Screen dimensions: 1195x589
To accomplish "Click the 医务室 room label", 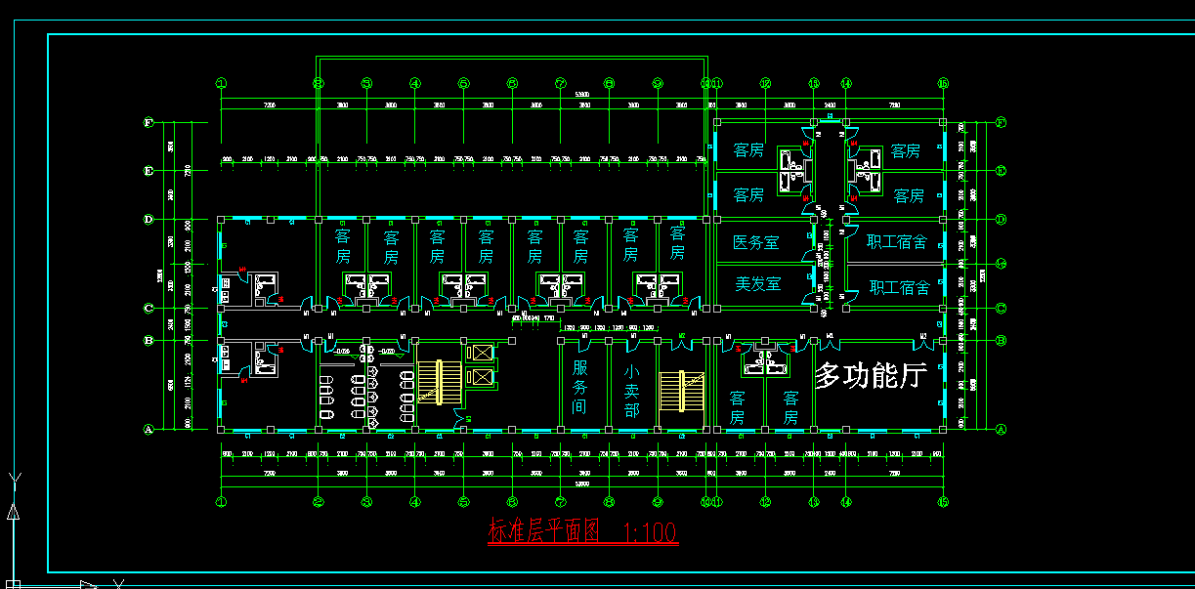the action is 755,242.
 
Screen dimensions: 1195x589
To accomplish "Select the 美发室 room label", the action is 757,284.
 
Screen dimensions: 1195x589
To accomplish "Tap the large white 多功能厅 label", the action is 871,375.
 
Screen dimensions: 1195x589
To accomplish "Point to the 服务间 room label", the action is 580,386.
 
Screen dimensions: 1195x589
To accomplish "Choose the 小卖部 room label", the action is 631,390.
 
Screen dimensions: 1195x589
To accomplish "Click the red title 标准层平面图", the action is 542,531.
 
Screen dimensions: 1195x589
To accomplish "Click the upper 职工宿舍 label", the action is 897,242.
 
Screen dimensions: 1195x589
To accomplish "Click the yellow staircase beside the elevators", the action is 437,382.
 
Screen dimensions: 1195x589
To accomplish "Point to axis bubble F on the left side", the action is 149,123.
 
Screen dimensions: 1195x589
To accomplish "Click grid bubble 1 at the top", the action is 222,84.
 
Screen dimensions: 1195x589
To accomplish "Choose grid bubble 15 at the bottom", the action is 943,502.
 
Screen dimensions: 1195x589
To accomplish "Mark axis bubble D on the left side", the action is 149,220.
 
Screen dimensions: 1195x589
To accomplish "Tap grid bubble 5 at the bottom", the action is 464,502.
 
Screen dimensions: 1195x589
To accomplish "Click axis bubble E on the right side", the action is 1001,171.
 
